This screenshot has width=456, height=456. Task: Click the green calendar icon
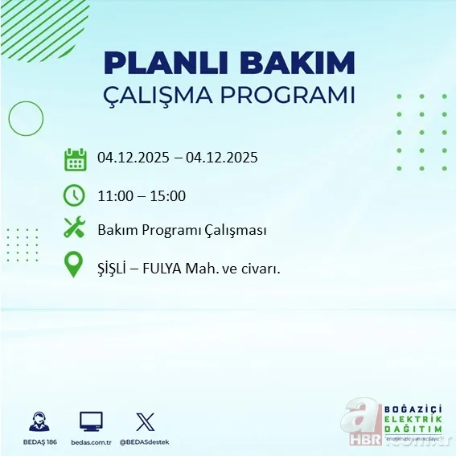click(75, 158)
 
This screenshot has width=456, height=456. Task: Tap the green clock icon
click(75, 195)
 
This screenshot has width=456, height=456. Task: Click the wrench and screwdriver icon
click(75, 229)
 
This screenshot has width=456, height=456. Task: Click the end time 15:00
click(169, 195)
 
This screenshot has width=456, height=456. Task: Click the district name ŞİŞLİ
click(113, 269)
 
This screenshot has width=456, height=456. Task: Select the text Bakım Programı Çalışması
click(181, 231)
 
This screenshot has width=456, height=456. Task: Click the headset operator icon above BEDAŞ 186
click(39, 421)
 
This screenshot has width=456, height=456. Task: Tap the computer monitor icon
click(91, 421)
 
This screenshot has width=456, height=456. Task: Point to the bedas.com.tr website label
click(91, 442)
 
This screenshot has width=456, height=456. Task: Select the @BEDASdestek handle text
click(146, 442)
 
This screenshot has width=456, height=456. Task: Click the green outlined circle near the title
click(26, 118)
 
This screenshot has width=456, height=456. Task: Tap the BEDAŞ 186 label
click(39, 442)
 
